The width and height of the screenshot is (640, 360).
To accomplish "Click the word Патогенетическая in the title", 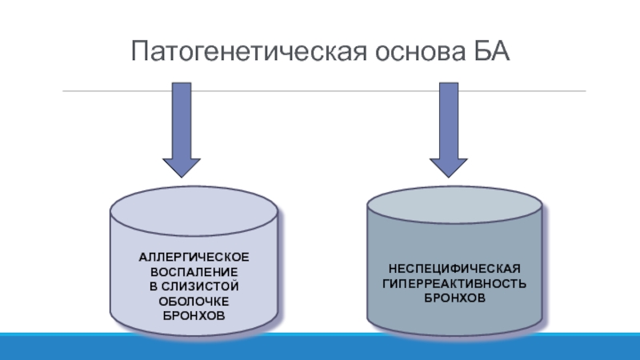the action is (249, 51).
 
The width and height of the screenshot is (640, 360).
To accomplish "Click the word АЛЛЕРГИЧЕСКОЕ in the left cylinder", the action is (194, 257).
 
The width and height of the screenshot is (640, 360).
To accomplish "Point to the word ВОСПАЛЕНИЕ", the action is (194, 272).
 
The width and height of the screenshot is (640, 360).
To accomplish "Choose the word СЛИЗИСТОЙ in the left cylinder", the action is (200, 286).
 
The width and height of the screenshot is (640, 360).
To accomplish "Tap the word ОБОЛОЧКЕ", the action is (194, 302).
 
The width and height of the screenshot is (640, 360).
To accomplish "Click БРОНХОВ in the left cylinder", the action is (194, 315).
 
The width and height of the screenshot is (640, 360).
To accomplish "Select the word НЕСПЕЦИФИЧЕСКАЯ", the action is (454, 269).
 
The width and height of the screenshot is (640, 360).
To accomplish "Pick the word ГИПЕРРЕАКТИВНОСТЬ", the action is (454, 283).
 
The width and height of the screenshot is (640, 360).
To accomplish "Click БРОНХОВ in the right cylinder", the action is (454, 298).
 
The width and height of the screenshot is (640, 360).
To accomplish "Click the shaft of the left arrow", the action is (182, 121).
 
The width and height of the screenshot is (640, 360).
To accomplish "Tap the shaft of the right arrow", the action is (449, 121).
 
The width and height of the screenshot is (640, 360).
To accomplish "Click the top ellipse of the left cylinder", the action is (194, 211).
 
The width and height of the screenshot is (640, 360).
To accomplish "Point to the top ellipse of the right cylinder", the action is (454, 205).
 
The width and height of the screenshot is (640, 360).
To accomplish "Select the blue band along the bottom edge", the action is (320, 347).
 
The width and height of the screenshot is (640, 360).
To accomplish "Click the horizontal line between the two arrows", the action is (315, 91).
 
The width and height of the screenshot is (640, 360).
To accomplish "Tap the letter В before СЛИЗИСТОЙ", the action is (153, 286).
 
